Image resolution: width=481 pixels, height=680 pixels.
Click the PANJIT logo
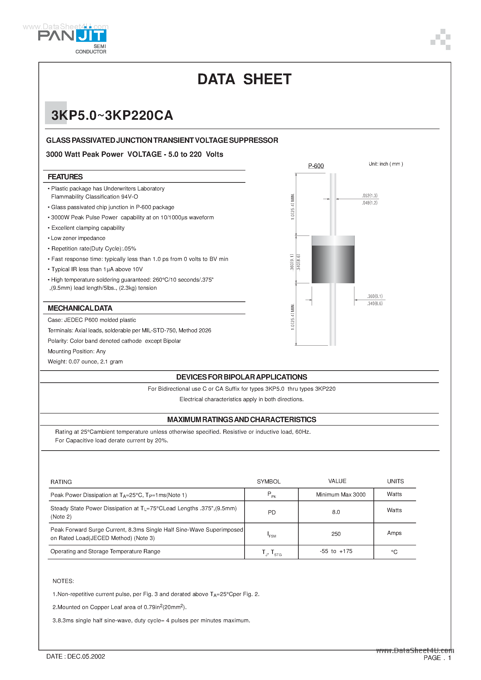pos(72,36)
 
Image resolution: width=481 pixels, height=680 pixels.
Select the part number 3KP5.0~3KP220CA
pos(112,115)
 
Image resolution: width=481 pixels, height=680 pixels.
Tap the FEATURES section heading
pos(65,177)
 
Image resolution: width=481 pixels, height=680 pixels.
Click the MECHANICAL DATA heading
pos(80,308)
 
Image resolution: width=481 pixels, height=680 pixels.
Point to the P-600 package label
pos(316,166)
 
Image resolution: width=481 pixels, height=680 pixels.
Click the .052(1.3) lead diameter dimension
pos(369,196)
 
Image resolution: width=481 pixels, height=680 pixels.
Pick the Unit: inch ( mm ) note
pos(386,164)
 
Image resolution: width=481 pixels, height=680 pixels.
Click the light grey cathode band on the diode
pos(333,240)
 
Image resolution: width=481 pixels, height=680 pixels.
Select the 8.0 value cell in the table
pos(336,512)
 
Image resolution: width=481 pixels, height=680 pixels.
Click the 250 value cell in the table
pos(336,534)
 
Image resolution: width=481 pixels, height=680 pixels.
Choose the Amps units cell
pos(394,533)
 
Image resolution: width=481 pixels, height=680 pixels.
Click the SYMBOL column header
pos(268,482)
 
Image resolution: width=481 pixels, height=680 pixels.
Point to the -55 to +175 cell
pos(336,551)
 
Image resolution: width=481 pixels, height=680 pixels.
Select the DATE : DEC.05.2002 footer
pos(76,656)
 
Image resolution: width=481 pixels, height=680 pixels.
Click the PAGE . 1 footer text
pos(437,658)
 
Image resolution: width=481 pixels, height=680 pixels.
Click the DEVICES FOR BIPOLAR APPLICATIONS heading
pos(241,377)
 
